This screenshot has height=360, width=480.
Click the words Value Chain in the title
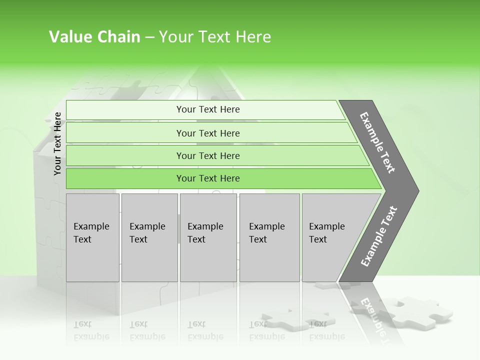(x=94, y=37)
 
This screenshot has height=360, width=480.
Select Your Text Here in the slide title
(x=215, y=37)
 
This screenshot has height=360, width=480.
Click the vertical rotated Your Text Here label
(x=57, y=143)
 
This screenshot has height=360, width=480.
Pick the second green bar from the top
(x=207, y=133)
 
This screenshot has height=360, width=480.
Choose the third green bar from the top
(x=207, y=155)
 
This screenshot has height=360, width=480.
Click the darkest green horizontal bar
(x=207, y=178)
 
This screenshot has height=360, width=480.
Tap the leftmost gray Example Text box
(x=92, y=237)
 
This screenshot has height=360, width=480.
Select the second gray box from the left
(x=149, y=237)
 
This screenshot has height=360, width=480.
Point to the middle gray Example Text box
(x=208, y=237)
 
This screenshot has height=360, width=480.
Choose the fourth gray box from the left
(x=269, y=237)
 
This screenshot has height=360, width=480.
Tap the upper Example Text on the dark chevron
(x=377, y=142)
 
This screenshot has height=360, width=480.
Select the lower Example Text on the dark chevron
(x=378, y=236)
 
